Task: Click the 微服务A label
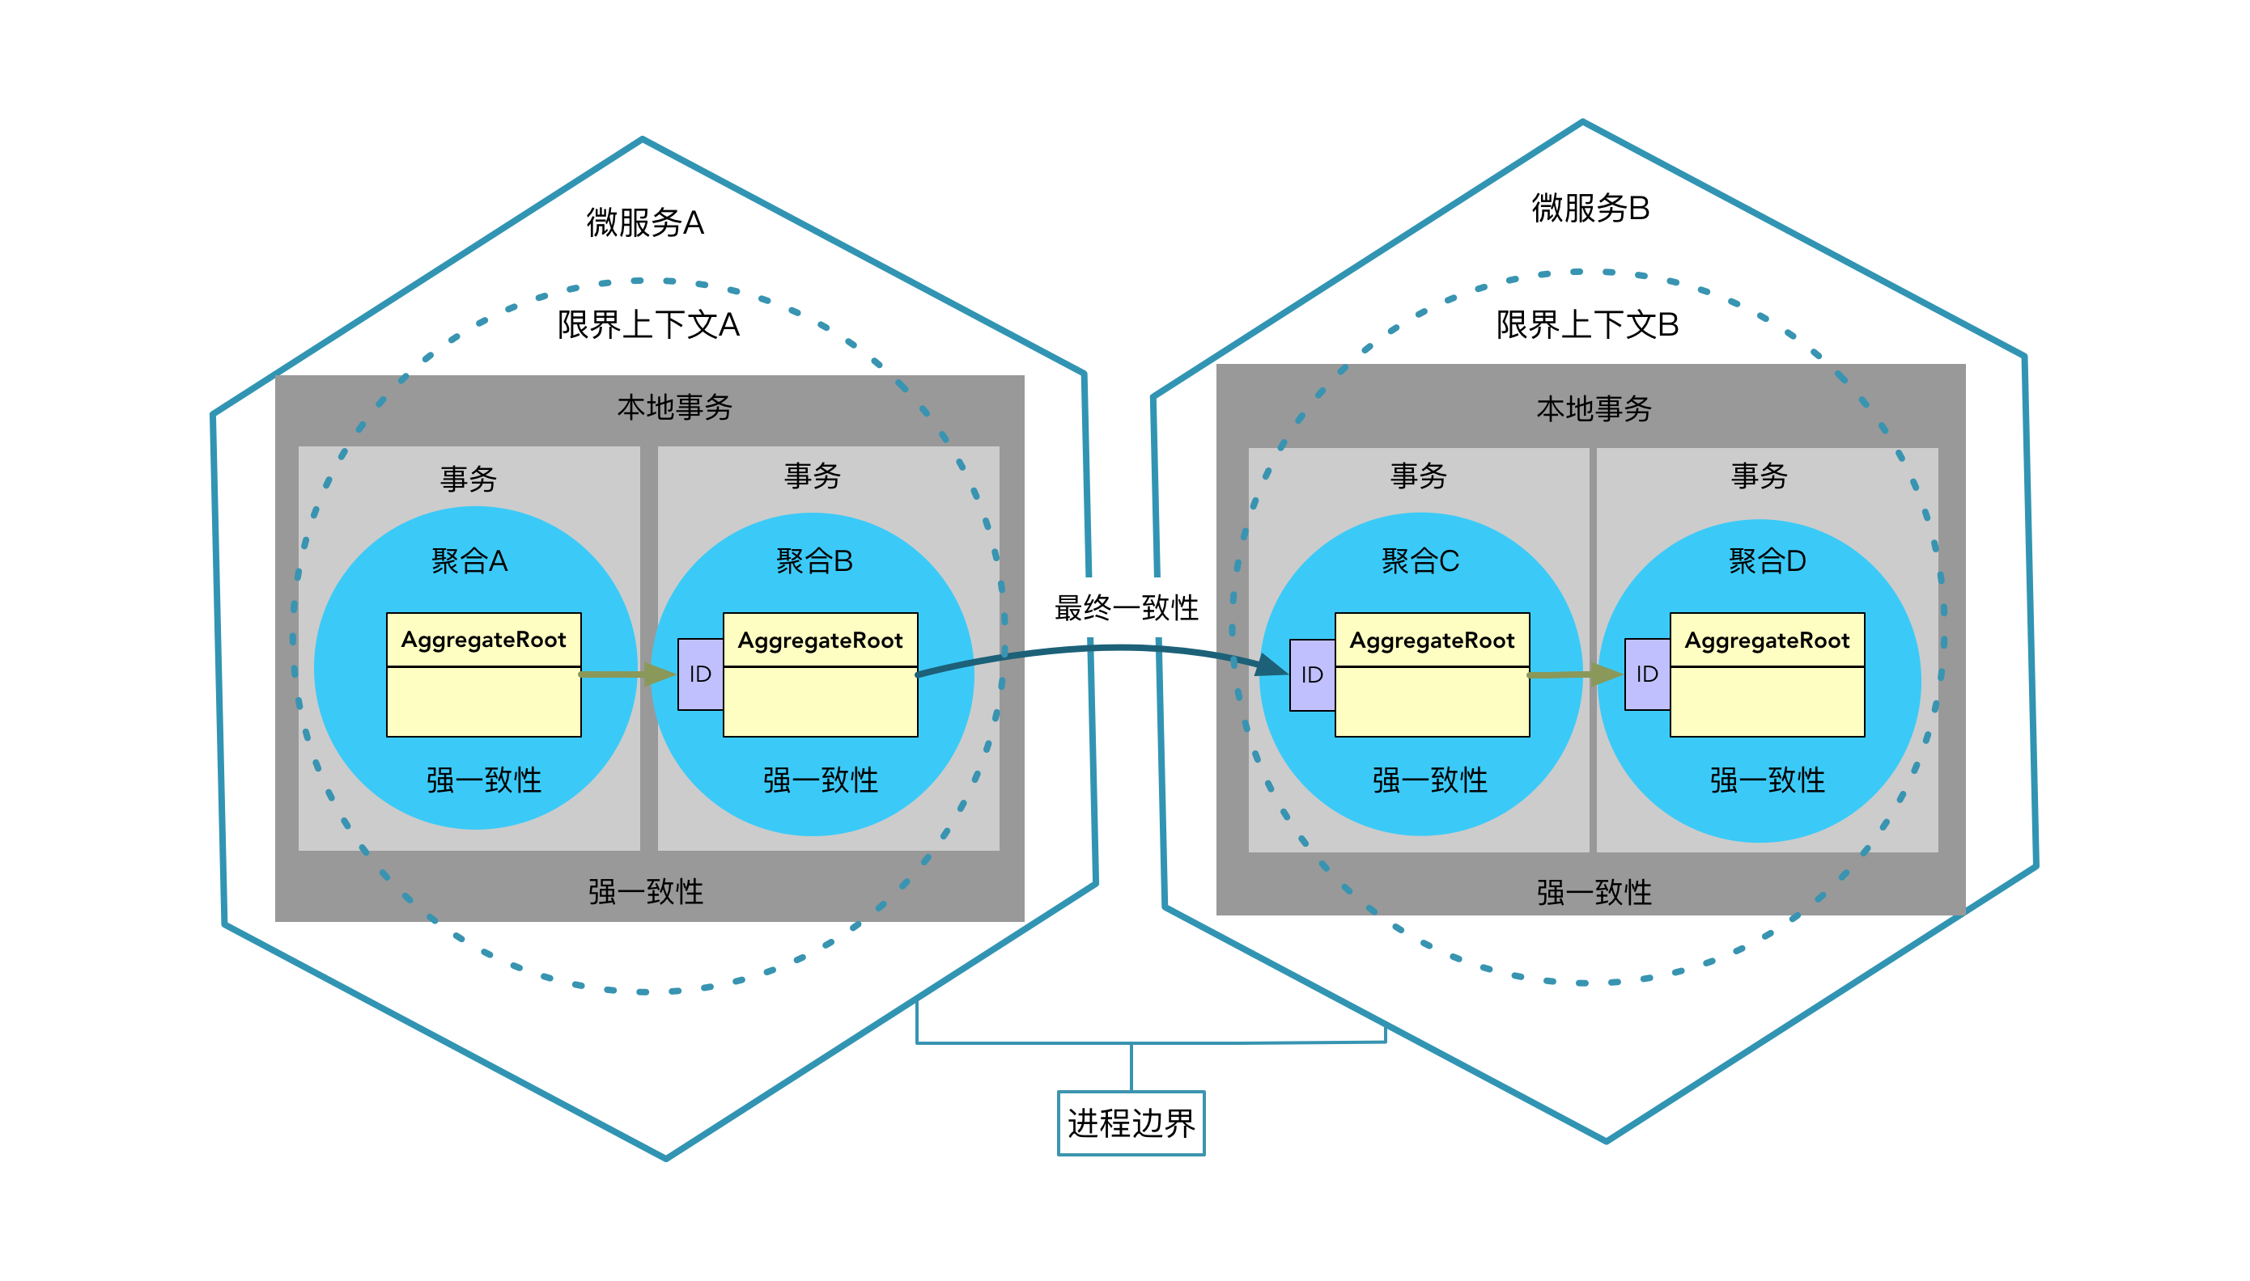point(644,222)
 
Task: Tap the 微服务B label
point(1589,209)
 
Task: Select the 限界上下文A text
point(648,324)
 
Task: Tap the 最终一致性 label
point(1126,607)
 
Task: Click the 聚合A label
point(469,560)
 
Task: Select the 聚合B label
point(813,560)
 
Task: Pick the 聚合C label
point(1419,560)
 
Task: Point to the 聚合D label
point(1766,560)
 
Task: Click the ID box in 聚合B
point(700,674)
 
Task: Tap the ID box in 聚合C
point(1312,674)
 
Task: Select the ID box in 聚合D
point(1646,674)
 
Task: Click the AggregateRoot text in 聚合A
point(483,640)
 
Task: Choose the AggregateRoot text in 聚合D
point(1766,640)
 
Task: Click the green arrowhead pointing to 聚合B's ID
point(660,674)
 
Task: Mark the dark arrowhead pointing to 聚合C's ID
point(1272,665)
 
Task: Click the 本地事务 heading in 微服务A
point(674,408)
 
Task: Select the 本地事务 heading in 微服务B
point(1594,409)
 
